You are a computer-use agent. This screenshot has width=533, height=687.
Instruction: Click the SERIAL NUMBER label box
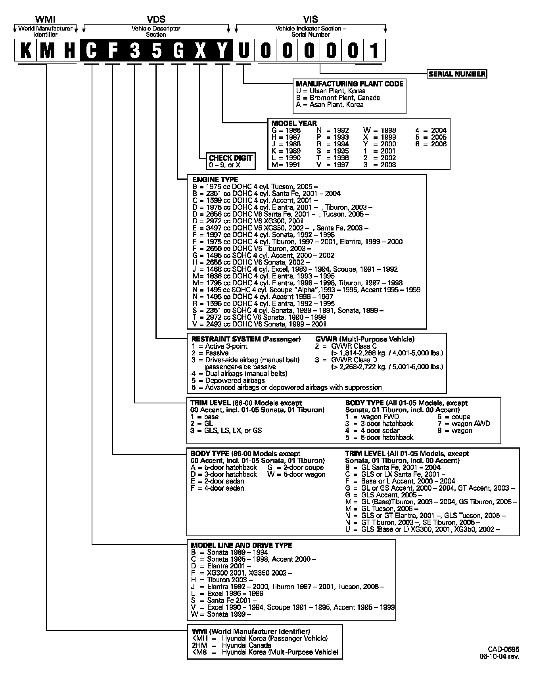[x=457, y=74]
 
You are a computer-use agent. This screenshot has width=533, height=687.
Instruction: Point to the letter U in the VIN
[x=243, y=50]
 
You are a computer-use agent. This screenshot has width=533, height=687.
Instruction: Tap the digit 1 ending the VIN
[x=374, y=50]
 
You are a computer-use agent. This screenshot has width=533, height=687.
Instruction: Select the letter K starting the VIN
[x=26, y=50]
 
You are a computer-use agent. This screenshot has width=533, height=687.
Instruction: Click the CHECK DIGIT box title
[x=231, y=158]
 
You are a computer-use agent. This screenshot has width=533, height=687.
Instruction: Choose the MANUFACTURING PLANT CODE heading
[x=350, y=84]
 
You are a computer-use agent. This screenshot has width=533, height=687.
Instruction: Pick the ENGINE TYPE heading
[x=215, y=179]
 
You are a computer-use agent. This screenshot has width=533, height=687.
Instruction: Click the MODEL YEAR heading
[x=294, y=123]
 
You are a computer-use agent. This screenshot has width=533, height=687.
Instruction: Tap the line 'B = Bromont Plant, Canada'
[x=338, y=98]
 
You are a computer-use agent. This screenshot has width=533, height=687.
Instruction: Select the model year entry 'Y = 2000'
[x=380, y=144]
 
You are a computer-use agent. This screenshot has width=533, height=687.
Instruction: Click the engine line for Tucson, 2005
[x=255, y=186]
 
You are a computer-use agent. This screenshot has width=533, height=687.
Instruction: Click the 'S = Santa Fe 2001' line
[x=221, y=601]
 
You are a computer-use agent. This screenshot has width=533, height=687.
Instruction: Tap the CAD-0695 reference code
[x=503, y=649]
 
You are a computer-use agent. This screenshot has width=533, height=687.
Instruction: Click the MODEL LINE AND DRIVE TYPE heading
[x=241, y=545]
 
